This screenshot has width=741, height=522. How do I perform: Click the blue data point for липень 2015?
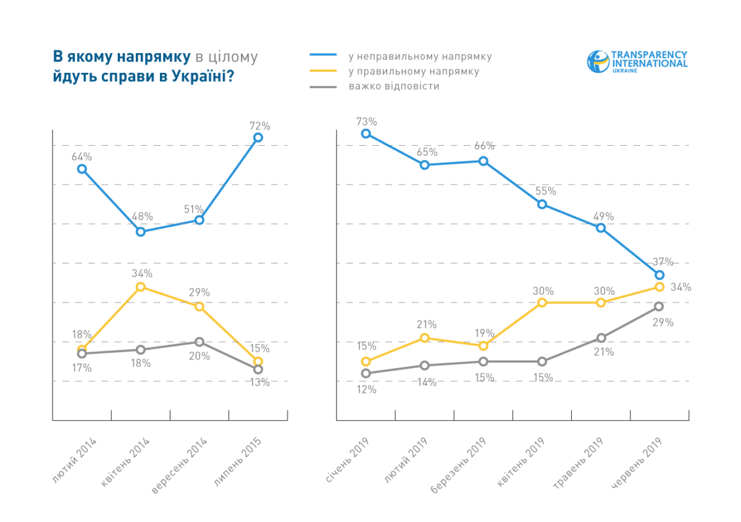[258, 137]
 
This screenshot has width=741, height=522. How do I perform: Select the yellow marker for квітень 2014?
[141, 287]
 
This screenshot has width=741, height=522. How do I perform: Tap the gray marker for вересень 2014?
[199, 342]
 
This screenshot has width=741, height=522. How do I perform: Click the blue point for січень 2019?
[366, 133]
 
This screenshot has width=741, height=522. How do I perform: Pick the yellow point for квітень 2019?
[542, 302]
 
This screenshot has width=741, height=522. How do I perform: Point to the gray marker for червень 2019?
[659, 306]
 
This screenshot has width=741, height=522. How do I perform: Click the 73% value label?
[366, 121]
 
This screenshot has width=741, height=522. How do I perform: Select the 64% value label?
[82, 156]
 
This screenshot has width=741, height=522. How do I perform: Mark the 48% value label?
[141, 216]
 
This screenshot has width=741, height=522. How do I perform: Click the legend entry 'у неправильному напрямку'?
[420, 56]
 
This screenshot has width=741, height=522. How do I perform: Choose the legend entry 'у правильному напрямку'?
[414, 71]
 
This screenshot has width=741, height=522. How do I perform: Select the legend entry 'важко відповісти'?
[394, 86]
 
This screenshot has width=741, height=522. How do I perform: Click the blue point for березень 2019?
[483, 161]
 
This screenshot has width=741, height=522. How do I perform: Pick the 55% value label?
[542, 192]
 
